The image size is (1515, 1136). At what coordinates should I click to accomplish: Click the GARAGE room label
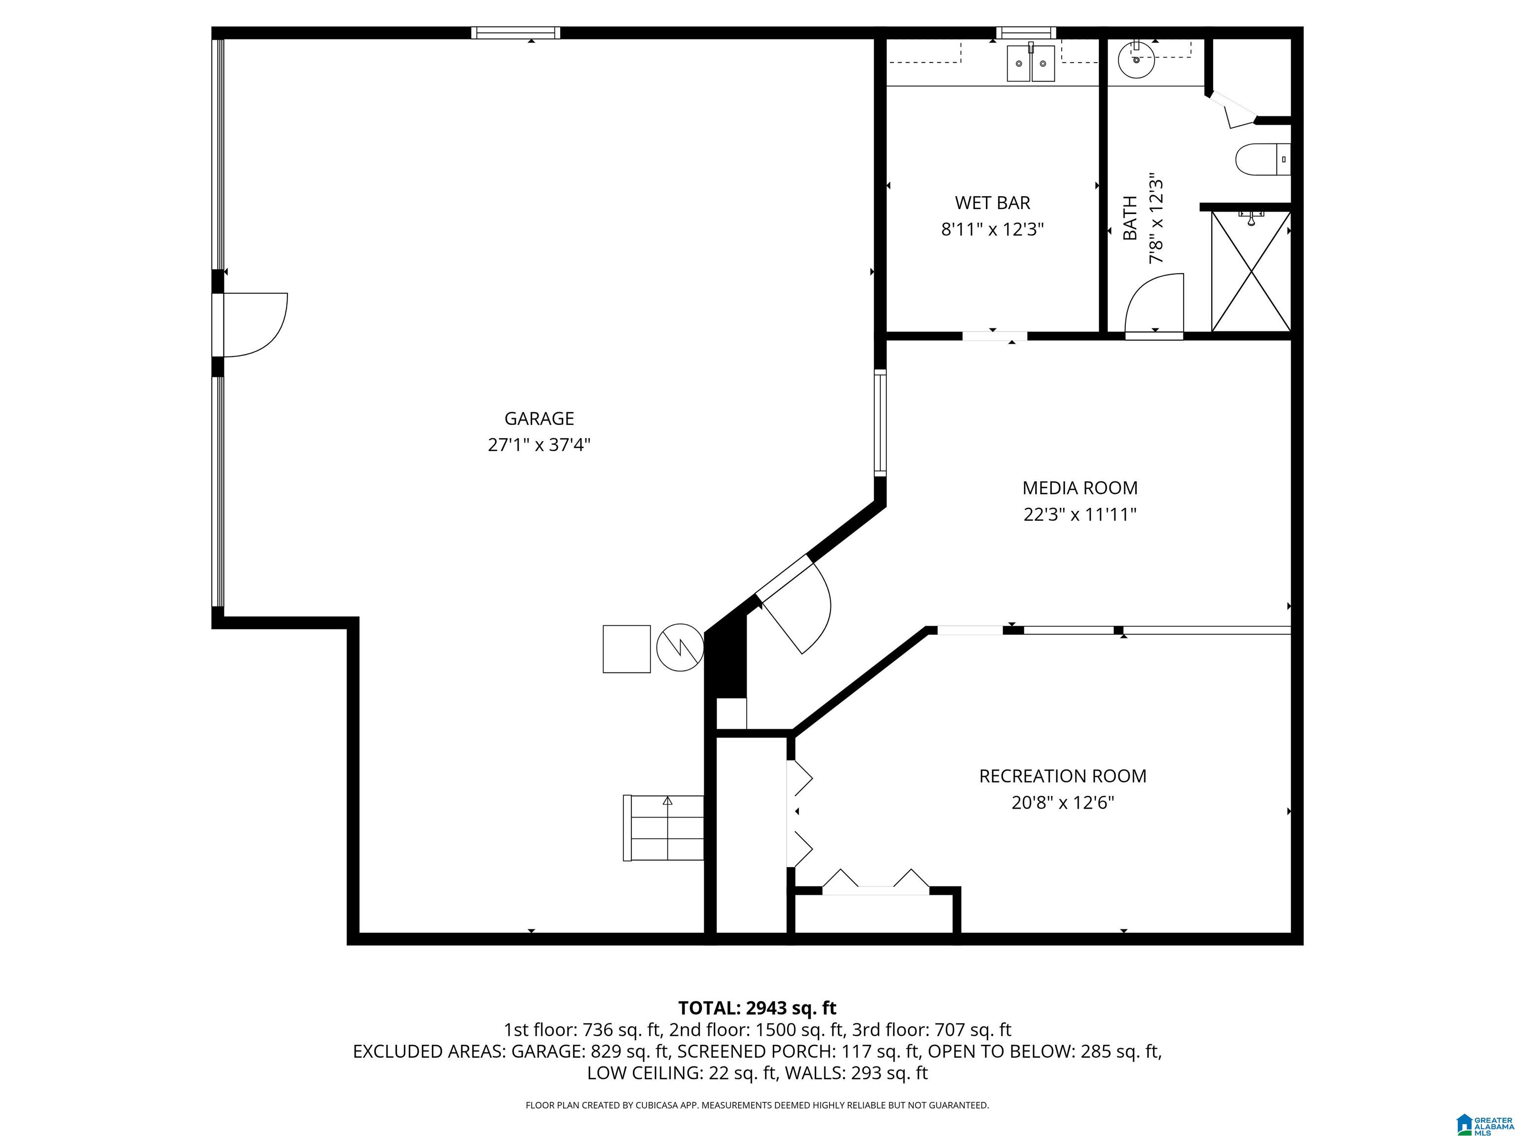[539, 419]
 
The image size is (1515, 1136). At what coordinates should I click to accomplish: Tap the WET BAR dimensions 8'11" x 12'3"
[992, 229]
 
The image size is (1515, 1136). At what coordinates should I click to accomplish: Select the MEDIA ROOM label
[1080, 488]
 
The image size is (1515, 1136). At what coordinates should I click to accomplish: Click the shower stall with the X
[1251, 272]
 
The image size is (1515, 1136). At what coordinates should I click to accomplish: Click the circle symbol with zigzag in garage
[680, 646]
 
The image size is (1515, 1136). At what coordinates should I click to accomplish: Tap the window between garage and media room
[880, 423]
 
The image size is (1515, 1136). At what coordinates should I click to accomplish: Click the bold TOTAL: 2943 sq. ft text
[757, 1008]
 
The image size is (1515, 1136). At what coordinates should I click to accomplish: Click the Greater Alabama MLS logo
[1483, 1124]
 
